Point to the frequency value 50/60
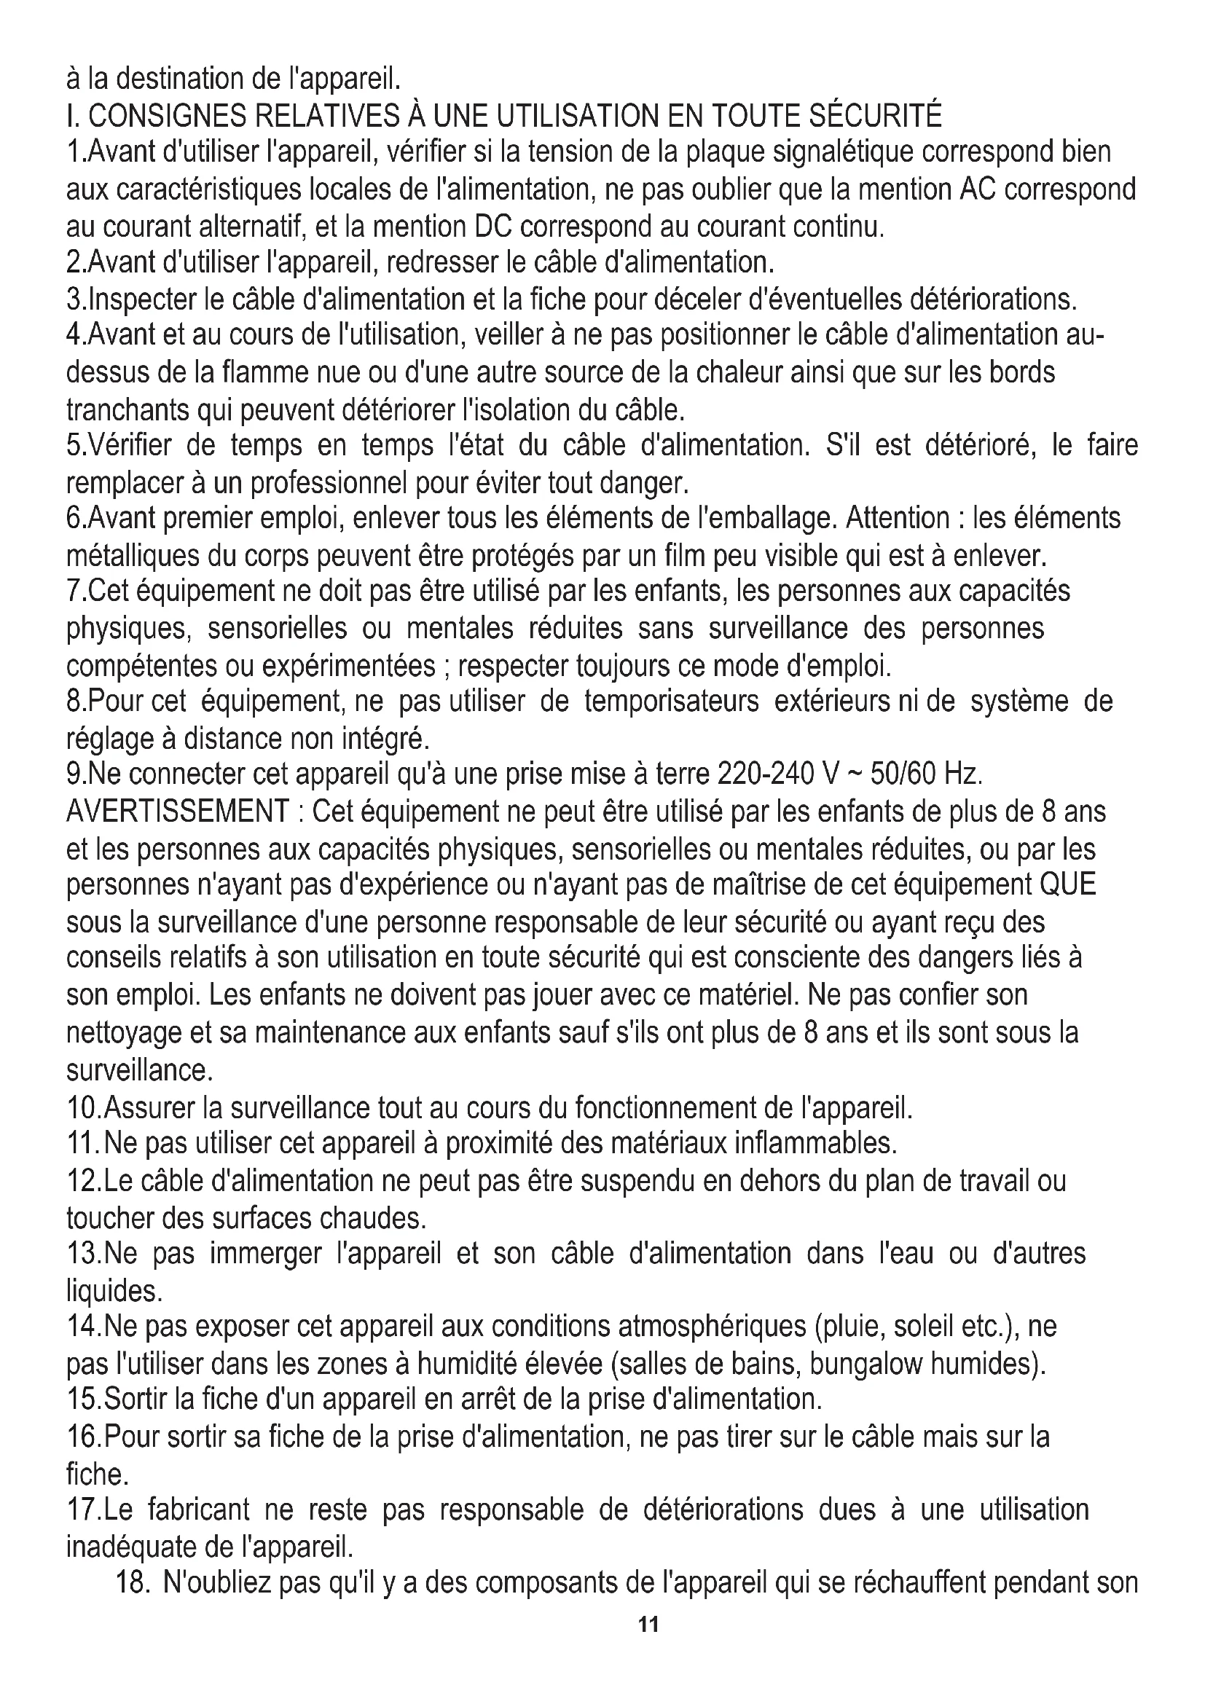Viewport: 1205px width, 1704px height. click(x=903, y=775)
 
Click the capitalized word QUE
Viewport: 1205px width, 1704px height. click(x=1069, y=885)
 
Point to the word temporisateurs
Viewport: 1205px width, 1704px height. click(x=671, y=702)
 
